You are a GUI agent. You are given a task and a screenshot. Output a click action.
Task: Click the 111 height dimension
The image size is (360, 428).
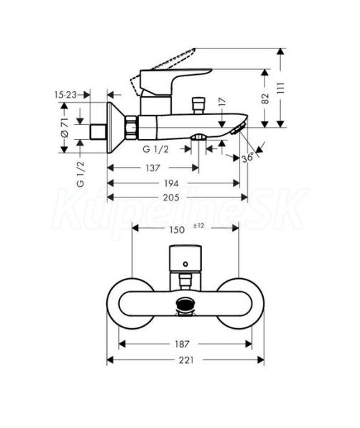click(281, 88)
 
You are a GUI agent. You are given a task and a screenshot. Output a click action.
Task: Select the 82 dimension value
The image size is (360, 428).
click(265, 98)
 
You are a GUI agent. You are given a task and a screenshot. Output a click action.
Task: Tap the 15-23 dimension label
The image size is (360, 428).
click(66, 95)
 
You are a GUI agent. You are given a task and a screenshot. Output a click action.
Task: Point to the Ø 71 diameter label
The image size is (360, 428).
click(64, 128)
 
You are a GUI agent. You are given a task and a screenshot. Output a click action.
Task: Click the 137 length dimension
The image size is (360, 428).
click(153, 168)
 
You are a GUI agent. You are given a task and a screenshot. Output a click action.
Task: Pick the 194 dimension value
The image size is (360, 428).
click(171, 183)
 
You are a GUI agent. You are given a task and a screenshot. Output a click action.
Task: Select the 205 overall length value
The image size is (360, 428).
click(171, 198)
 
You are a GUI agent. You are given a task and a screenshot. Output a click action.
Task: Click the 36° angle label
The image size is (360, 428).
click(247, 158)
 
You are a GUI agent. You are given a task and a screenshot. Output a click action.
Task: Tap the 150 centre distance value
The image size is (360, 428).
click(177, 230)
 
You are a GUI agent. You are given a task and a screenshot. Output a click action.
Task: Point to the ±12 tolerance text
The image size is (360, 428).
click(199, 225)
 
